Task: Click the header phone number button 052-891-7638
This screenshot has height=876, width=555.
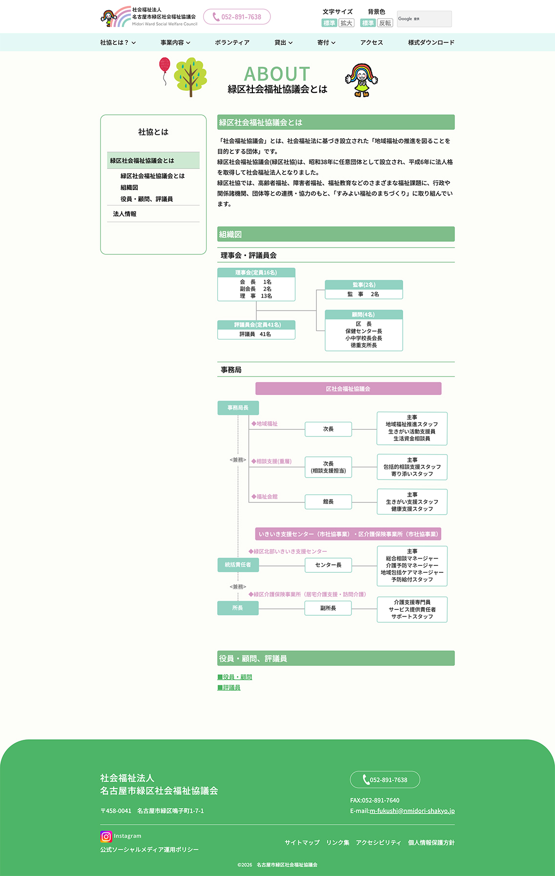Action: [237, 17]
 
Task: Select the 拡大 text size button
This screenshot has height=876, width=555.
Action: [347, 23]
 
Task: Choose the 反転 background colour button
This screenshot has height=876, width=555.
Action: [385, 23]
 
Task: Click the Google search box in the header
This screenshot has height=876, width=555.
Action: [424, 19]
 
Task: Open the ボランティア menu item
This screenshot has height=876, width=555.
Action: [232, 42]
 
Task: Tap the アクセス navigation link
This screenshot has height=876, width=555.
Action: [371, 42]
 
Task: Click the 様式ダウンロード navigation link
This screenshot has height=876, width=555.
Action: [431, 42]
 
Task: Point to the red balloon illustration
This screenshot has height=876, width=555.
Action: [165, 65]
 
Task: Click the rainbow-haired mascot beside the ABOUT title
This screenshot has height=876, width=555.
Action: [362, 80]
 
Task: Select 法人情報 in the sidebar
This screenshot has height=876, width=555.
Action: [125, 214]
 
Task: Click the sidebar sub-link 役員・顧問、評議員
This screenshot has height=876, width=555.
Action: [146, 199]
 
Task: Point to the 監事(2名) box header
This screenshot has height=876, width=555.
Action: [364, 285]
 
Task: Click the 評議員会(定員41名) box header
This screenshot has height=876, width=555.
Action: [257, 325]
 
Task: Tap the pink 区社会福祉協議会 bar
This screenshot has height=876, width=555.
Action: [348, 389]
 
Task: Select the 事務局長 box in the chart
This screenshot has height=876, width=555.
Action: [238, 408]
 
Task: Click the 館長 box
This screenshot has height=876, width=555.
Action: [328, 502]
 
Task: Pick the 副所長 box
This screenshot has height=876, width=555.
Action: [328, 608]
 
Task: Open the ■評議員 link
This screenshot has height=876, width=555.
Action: [229, 688]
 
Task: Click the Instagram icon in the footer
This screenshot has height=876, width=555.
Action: [106, 836]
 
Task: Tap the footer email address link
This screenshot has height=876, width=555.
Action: [412, 811]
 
